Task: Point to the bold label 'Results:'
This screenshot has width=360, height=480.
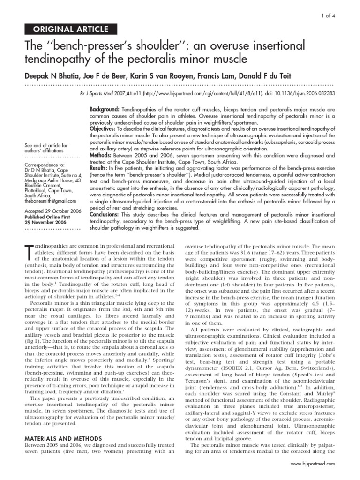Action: point(100,167)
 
